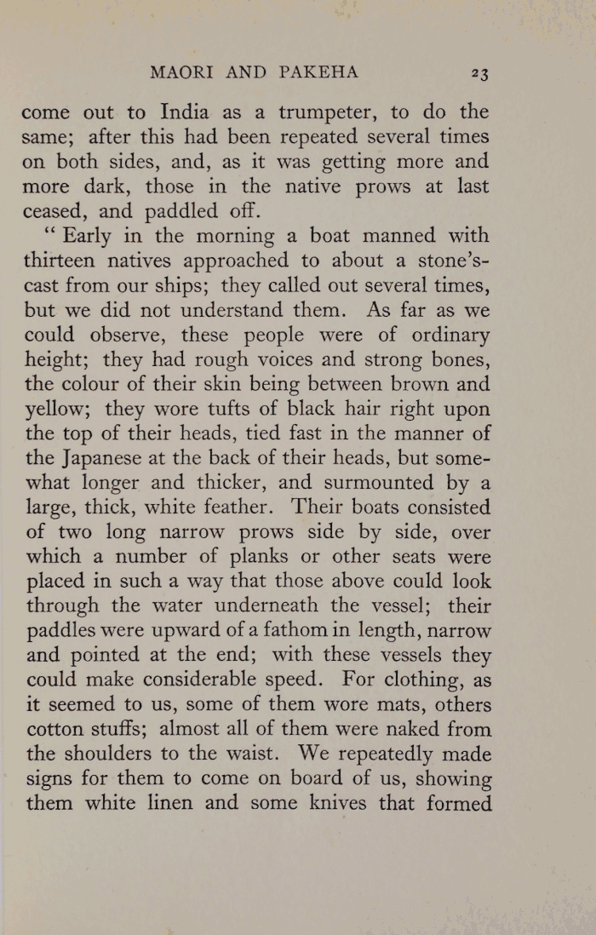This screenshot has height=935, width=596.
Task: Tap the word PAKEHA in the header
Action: [x=316, y=73]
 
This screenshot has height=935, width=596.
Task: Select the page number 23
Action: [x=479, y=74]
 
